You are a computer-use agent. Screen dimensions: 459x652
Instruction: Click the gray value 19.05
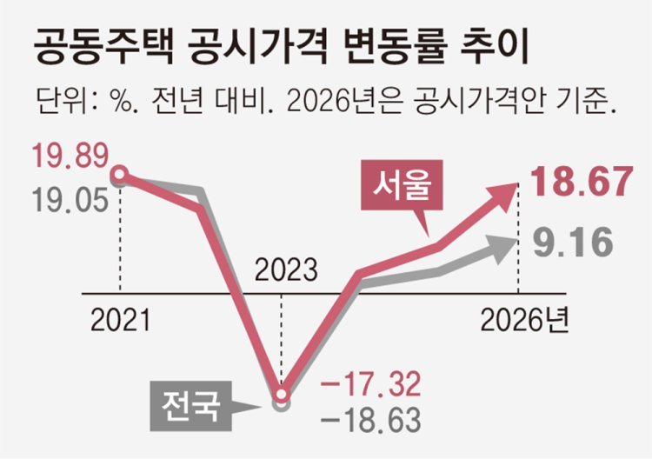point(70,202)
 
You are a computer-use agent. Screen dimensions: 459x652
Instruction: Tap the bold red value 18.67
point(580,184)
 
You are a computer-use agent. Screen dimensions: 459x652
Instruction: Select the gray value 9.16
point(574,244)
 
